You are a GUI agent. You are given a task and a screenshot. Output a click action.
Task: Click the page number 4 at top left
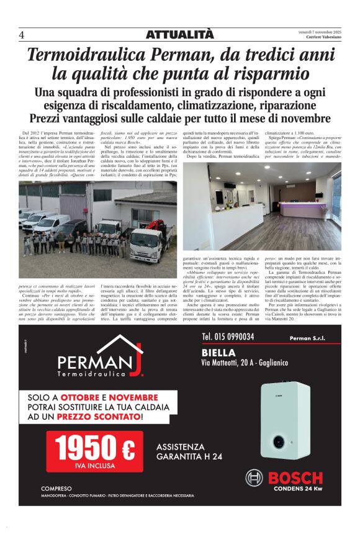coord(21,35)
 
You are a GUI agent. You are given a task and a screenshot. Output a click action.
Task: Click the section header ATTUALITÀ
coord(179,35)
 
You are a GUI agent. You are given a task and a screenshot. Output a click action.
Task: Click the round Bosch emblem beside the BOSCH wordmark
coord(254,477)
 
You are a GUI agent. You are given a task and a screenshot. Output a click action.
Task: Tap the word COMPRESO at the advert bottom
coord(56,488)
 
